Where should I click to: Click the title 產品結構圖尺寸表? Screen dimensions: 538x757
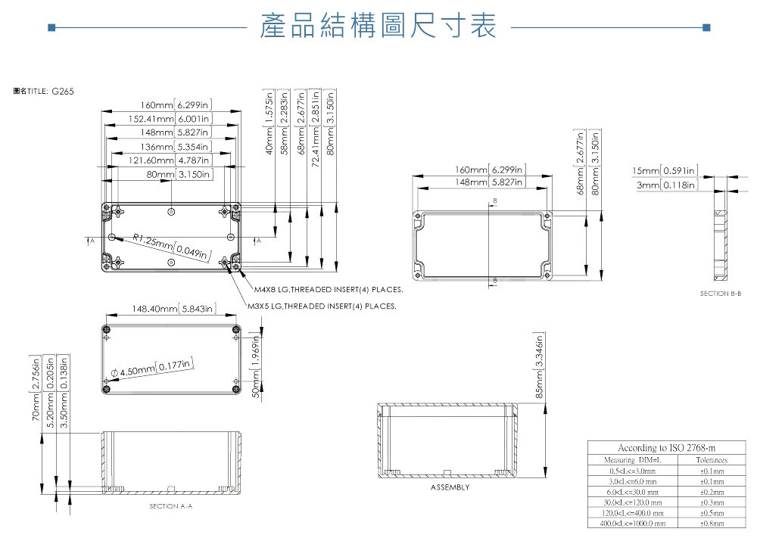point(378,26)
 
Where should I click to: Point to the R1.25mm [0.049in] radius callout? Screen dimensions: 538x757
point(171,247)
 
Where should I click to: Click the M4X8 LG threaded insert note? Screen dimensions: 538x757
point(328,290)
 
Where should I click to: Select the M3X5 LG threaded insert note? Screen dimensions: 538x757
point(322,307)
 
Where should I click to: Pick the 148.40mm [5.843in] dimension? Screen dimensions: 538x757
point(174,309)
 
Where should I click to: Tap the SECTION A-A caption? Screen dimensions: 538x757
point(171,505)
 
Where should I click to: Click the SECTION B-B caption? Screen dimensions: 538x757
point(720,293)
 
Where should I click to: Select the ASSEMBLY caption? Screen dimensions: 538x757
point(450,487)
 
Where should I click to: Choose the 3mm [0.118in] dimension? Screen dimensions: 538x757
point(666,185)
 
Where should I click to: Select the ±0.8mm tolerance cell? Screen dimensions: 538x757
point(712,522)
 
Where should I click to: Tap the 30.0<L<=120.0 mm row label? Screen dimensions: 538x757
point(630,502)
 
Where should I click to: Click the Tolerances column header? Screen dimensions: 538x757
point(712,460)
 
